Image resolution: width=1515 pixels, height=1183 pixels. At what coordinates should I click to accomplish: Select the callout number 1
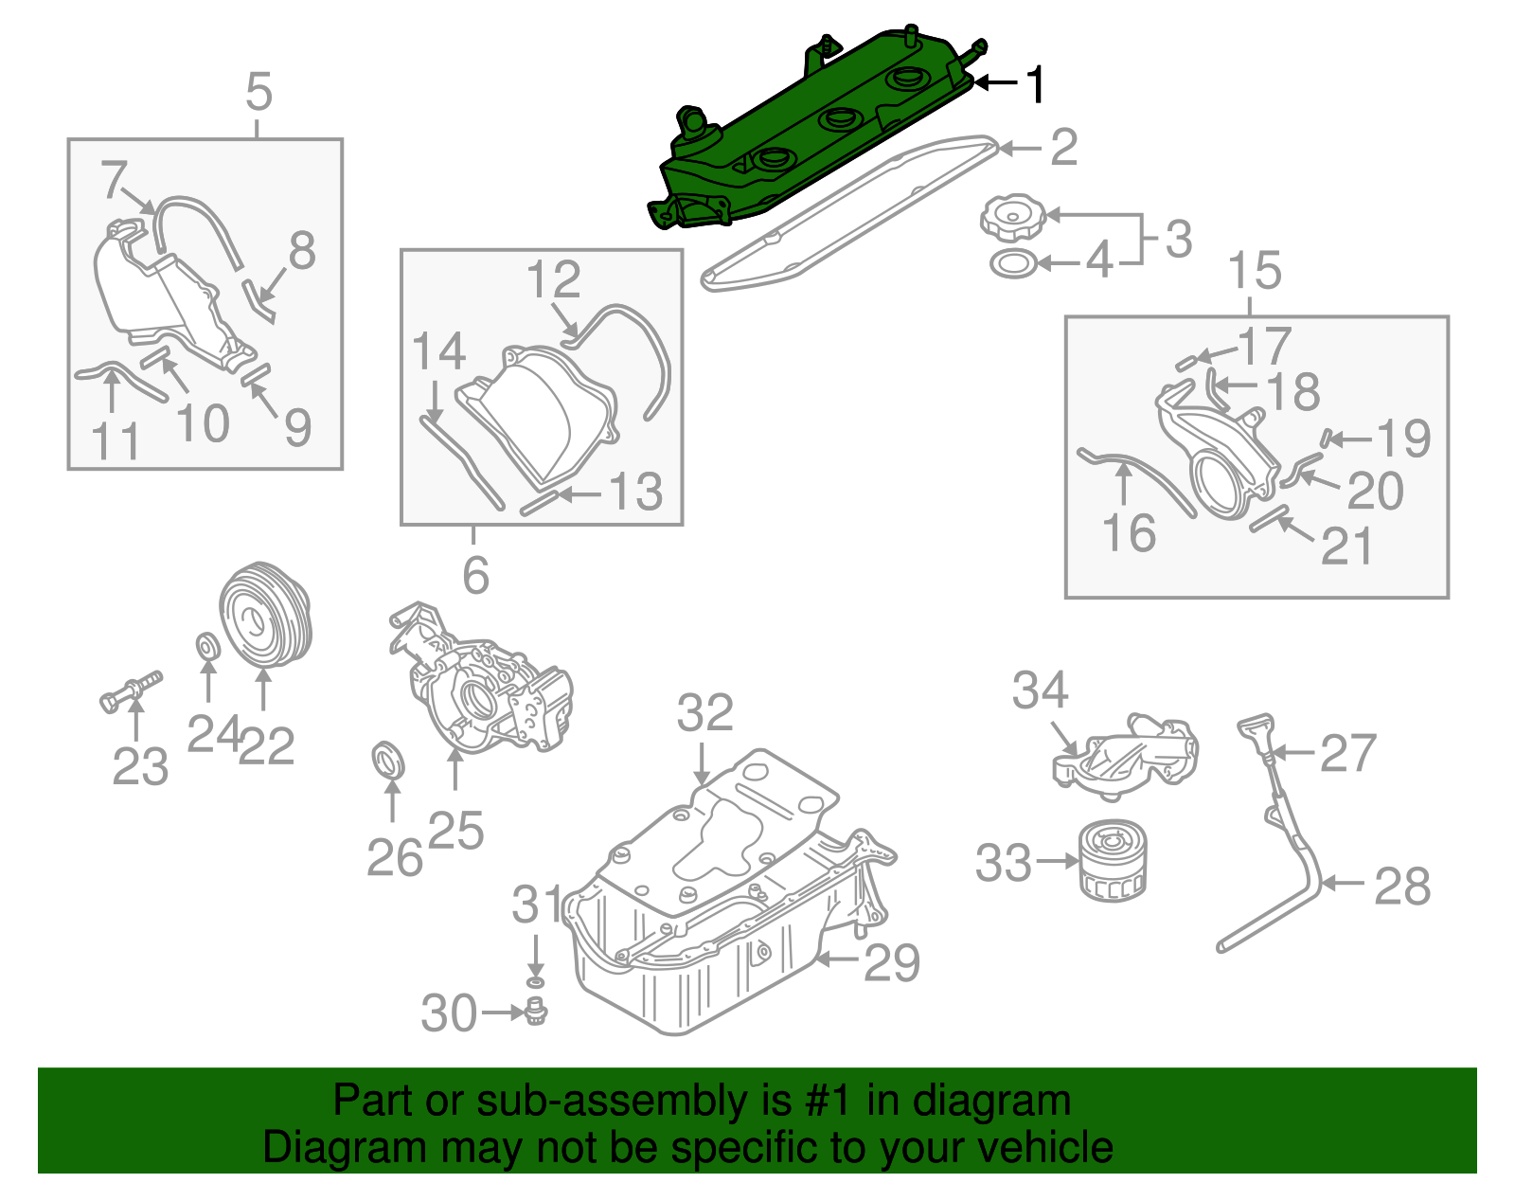(x=1038, y=84)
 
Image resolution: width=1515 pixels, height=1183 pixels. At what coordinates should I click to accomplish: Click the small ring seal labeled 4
(x=1012, y=264)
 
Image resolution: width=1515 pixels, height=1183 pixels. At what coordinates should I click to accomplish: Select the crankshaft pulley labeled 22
(x=265, y=616)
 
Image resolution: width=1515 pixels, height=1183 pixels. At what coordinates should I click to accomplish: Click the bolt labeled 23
(x=131, y=690)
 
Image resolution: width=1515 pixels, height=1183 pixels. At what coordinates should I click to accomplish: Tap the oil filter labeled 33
(x=1113, y=860)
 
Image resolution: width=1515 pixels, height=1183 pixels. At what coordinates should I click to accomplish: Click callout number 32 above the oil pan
(x=705, y=712)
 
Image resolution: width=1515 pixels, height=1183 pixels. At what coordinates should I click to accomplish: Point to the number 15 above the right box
(x=1256, y=271)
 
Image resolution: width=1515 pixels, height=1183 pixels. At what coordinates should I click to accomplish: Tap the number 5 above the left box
(x=258, y=93)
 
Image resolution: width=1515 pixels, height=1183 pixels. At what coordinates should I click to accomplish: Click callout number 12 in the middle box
(x=554, y=280)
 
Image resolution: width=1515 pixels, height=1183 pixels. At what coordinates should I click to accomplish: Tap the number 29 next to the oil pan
(x=891, y=963)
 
